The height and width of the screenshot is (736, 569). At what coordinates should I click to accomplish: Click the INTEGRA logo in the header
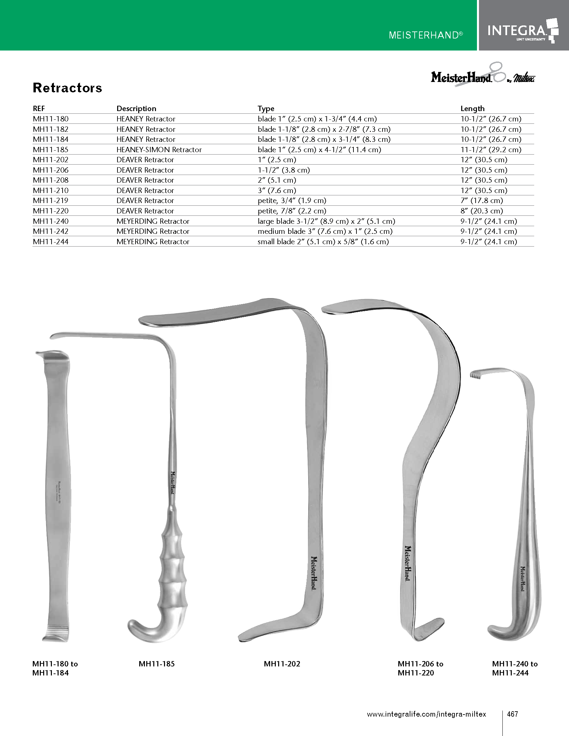tap(523, 30)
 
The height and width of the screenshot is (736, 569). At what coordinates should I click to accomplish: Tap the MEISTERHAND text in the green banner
tap(426, 35)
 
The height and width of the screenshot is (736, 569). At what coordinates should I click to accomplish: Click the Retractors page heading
tap(67, 88)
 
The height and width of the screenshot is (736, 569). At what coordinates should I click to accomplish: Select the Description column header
tap(136, 108)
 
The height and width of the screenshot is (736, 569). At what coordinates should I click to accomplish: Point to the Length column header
tap(472, 108)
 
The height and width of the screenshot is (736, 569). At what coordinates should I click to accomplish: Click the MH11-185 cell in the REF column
tap(51, 150)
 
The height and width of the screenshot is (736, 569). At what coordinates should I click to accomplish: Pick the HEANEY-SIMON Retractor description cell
tap(159, 150)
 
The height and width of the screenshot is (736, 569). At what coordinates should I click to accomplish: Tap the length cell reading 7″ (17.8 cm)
tap(482, 200)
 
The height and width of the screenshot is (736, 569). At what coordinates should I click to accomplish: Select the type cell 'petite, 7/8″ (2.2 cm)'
tap(292, 211)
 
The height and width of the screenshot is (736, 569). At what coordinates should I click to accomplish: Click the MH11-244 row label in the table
tap(51, 242)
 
